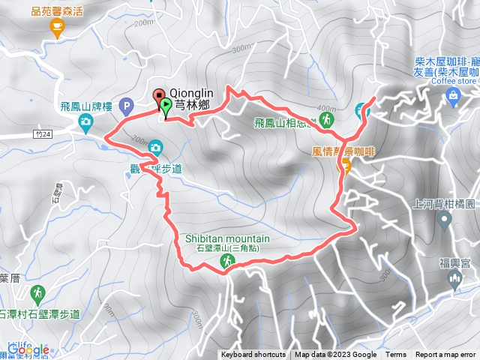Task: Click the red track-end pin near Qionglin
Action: point(160,95)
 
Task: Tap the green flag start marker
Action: point(166,108)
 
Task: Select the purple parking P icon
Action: point(126,106)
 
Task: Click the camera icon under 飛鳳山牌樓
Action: point(86,121)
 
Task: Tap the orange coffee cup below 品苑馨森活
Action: point(56,27)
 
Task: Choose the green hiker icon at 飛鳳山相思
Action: point(327,120)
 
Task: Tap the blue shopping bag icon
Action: point(453,95)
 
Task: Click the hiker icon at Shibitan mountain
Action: point(226,260)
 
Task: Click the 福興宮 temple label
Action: point(454,263)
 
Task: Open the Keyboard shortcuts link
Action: point(253,355)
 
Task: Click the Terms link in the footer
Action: point(396,355)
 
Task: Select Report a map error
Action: point(446,355)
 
